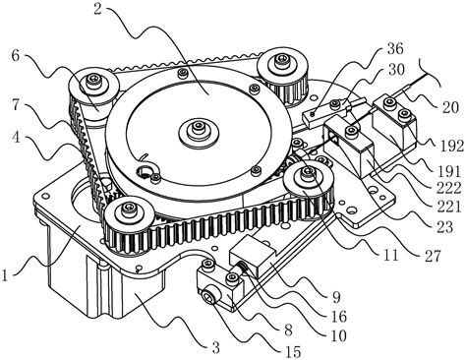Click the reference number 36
394,49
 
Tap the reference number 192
451,146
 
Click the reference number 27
432,256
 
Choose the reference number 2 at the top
98,9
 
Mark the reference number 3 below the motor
215,348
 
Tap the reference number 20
448,107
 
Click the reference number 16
338,317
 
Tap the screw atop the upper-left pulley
91,80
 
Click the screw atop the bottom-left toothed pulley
128,209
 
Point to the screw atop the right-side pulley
308,171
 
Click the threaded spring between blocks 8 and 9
244,270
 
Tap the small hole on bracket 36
313,114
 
